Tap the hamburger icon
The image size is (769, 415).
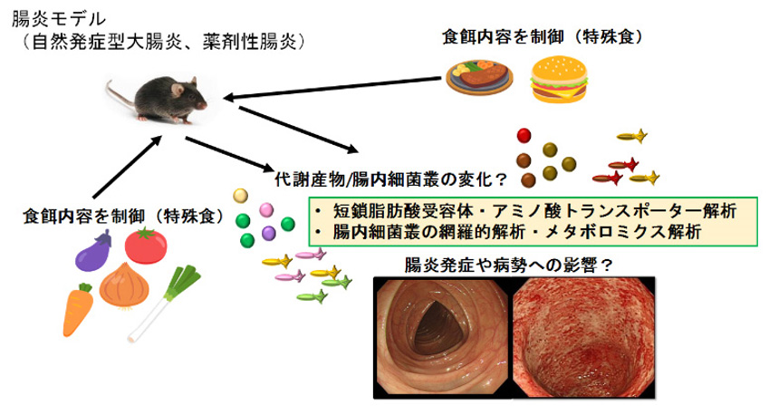559,80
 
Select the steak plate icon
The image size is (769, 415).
479,77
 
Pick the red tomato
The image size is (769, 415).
146,246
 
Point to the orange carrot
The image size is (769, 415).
79,309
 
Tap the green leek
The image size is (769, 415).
164,304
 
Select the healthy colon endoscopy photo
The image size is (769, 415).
442,338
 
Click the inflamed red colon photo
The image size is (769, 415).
583,338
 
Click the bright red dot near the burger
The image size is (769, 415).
524,135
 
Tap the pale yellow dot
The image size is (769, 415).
240,196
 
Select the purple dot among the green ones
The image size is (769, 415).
269,233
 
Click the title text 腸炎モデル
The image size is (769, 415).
58,20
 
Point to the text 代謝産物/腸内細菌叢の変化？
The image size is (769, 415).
391,179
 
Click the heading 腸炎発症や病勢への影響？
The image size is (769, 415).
508,265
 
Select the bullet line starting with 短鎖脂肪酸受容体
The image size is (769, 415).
534,211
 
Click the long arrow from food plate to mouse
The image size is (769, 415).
332,87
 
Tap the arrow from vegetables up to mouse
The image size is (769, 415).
128,167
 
